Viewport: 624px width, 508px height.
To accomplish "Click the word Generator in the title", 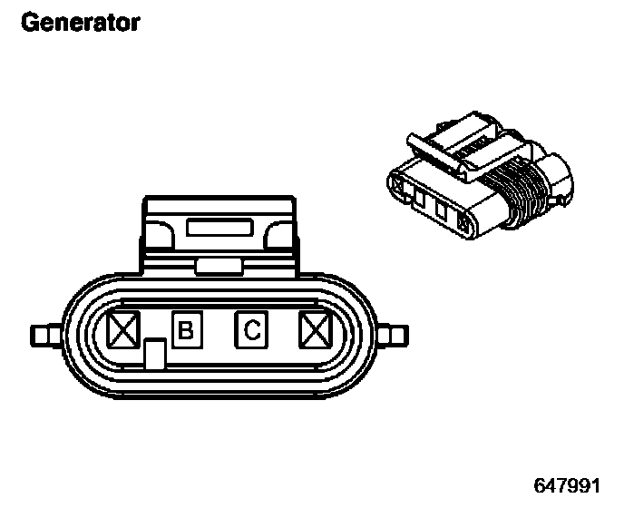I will coord(80,22).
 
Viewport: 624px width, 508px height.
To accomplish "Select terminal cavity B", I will coord(186,330).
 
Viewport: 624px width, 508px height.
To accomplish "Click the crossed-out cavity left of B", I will coord(122,330).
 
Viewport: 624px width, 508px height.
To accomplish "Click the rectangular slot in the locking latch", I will coord(219,228).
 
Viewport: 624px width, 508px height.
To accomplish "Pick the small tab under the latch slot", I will coord(218,265).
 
